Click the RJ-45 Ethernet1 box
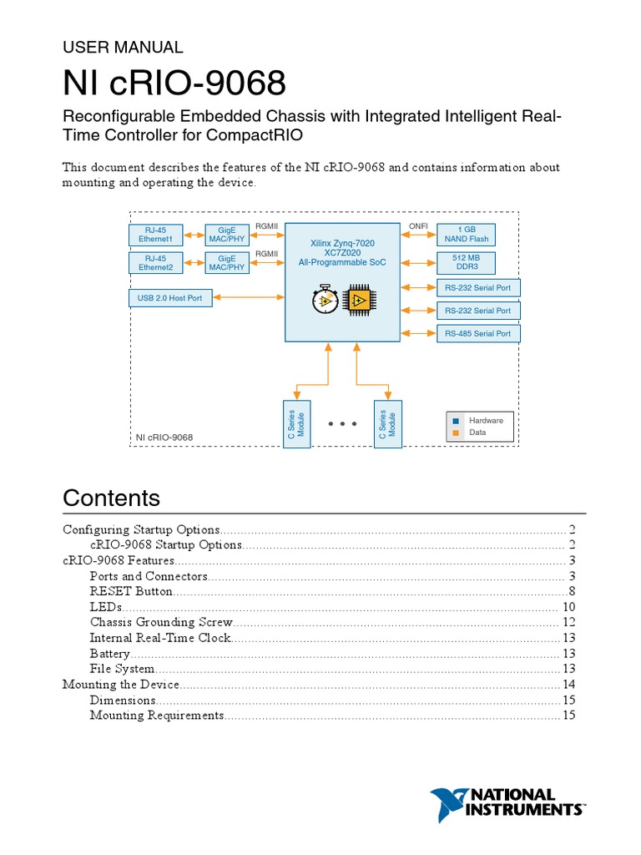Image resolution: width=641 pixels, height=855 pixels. [x=155, y=235]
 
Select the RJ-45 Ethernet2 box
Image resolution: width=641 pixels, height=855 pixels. [x=155, y=263]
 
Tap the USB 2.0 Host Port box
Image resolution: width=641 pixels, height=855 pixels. [x=170, y=297]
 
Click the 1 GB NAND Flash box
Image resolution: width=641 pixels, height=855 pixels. [x=467, y=235]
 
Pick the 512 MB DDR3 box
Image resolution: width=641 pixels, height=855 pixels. [x=467, y=263]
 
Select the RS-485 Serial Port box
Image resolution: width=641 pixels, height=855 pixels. [x=478, y=333]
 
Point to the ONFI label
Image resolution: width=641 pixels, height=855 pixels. [x=417, y=226]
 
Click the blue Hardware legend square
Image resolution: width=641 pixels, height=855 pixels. [x=456, y=421]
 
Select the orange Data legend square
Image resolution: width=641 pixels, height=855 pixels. [x=456, y=433]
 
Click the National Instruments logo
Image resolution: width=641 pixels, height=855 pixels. [x=507, y=803]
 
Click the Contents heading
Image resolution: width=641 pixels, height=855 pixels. [x=112, y=498]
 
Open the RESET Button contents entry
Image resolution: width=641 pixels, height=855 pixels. [x=131, y=591]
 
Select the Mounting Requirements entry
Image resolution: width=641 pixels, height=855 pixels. [x=157, y=716]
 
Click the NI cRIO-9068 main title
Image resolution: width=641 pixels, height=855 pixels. [x=175, y=83]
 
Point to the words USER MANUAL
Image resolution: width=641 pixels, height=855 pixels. [x=123, y=48]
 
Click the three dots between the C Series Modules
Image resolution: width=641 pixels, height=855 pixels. [x=342, y=424]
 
